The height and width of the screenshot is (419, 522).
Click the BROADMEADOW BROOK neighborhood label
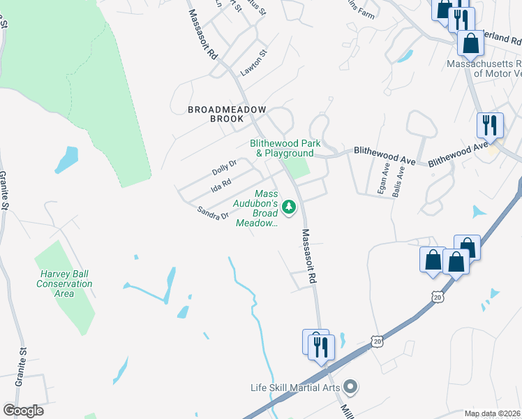pos(216,114)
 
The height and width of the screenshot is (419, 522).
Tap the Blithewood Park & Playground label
pos(285,148)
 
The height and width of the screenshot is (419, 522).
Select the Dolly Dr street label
pos(224,168)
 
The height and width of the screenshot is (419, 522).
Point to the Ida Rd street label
pos(221,185)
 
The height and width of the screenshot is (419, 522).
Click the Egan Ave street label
pos(384,179)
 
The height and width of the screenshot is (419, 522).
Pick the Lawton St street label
pos(253,59)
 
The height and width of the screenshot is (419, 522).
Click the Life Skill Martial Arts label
pos(296,388)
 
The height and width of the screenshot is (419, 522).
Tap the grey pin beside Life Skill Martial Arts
pos(350,386)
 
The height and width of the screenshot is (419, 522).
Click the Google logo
pos(23,411)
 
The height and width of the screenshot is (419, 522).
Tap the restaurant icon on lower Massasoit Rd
pos(322,346)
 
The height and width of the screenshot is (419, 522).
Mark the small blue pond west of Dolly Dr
pos(66,160)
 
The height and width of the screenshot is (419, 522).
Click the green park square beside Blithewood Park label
pos(298,168)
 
